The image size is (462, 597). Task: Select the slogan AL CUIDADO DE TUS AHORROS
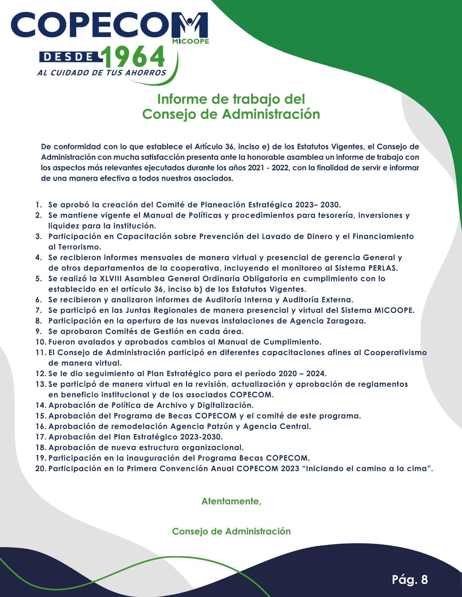point(102,73)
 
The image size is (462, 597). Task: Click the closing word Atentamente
point(231,501)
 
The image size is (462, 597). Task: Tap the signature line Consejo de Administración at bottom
point(231,531)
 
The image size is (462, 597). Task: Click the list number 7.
point(38,311)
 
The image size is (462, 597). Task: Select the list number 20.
point(41,469)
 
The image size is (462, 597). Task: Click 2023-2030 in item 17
point(201,437)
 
